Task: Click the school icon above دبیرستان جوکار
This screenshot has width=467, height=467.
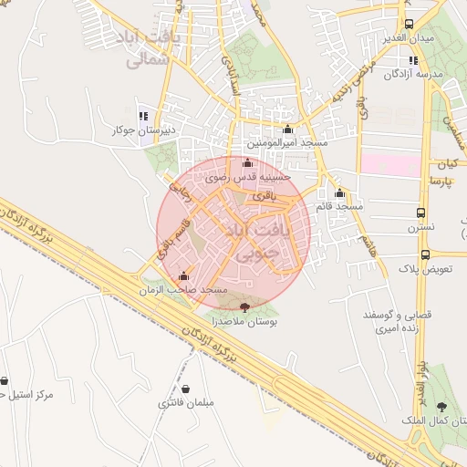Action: click(x=142, y=116)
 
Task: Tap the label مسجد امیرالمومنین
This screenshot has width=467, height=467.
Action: click(x=288, y=144)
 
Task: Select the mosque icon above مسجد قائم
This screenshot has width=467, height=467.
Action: click(x=339, y=192)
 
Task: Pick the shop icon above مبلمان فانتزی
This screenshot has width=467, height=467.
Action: click(x=186, y=388)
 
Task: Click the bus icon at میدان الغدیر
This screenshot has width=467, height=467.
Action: click(x=410, y=25)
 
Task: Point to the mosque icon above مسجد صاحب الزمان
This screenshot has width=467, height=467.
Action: click(x=184, y=275)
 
